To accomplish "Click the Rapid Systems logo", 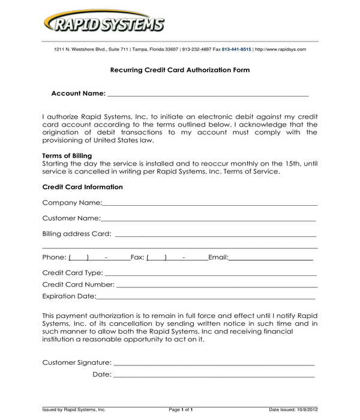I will pos(103,24).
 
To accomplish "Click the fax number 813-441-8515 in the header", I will pos(236,49).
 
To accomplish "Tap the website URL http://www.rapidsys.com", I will pos(280,49).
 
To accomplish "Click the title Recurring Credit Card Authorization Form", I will pos(180,70).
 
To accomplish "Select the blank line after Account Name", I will pos(207,95).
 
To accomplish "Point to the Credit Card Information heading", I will pos(83,187).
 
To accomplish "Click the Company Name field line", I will pos(210,205).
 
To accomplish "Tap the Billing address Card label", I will pos(77,234).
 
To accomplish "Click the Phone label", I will pos(54,257).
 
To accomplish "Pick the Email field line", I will pos(271,259).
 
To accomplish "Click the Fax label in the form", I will pos(137,257).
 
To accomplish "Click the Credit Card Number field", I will pos(216,286).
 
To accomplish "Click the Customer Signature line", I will pos(214,364).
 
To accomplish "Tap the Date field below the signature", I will pos(214,376).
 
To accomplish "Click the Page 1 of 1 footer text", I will pos(181,409).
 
